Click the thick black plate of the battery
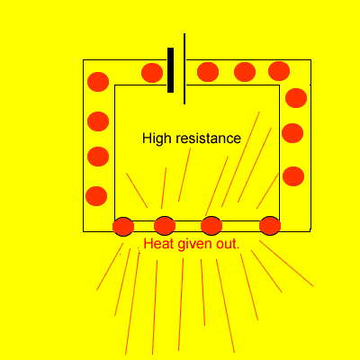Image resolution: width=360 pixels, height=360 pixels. coord(170,70)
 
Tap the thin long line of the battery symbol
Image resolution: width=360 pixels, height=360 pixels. coord(184,68)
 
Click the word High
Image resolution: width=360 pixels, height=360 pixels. coord(156,139)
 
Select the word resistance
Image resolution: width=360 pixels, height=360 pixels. coord(208,139)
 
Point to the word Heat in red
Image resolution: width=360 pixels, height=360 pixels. coord(158,244)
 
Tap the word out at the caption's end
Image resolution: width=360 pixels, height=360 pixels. coord(228,245)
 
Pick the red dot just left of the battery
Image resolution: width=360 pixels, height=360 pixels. coord(152,73)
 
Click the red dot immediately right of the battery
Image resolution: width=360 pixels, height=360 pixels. coord(208,72)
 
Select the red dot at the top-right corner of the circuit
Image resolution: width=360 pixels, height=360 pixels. coord(279,71)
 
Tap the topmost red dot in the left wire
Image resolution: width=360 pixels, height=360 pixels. coord(98,82)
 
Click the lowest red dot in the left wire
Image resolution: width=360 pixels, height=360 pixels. coord(96,196)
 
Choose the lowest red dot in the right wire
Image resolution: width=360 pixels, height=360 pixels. coord(293,176)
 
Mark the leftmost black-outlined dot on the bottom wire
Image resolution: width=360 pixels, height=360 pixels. coord(123,227)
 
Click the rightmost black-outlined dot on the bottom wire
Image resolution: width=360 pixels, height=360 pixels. coord(270,226)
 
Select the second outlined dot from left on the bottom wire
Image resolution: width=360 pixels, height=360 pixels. coord(165,226)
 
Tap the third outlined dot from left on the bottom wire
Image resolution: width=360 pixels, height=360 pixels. coord(211,226)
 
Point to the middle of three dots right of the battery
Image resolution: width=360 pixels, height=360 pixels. coord(245,72)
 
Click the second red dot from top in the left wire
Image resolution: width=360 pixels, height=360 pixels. coord(98,121)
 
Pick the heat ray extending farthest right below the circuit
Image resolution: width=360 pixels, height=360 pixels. coord(286,264)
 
